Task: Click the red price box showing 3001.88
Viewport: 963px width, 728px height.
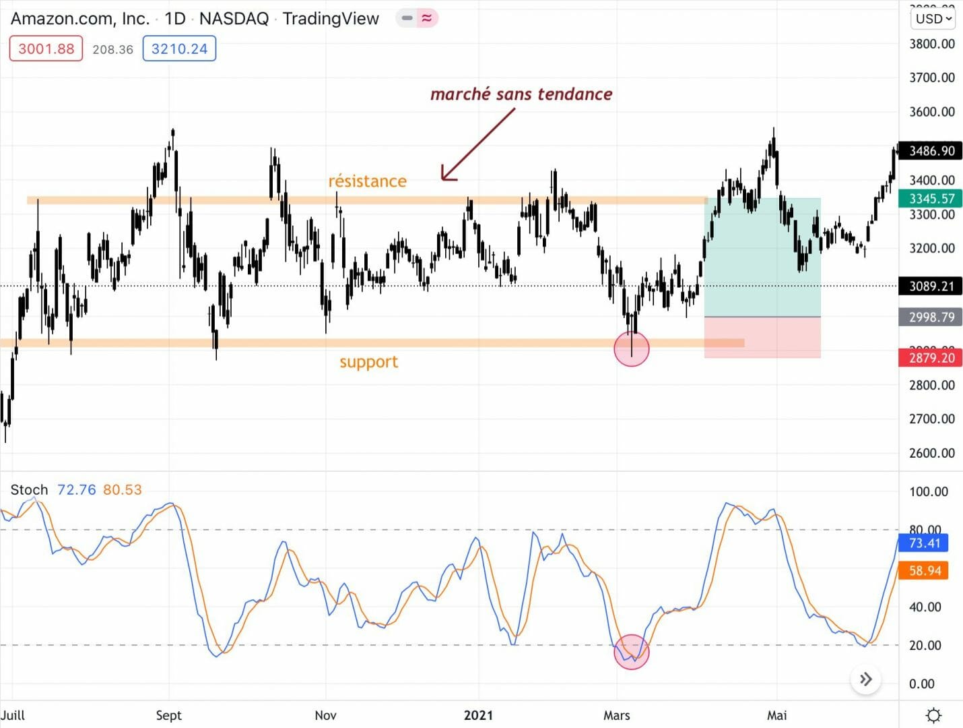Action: click(x=46, y=49)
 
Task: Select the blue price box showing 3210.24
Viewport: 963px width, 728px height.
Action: click(x=179, y=49)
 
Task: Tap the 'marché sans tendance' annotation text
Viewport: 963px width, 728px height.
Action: click(x=521, y=94)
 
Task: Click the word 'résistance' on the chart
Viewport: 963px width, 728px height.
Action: click(x=368, y=181)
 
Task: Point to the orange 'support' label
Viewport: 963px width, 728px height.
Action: click(x=368, y=362)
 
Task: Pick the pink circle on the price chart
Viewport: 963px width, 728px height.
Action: click(x=632, y=348)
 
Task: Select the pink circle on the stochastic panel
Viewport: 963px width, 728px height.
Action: click(x=632, y=652)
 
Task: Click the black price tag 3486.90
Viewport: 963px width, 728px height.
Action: click(x=931, y=151)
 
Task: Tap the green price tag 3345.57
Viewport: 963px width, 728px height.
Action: click(x=931, y=199)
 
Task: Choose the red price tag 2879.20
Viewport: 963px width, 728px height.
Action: click(x=931, y=358)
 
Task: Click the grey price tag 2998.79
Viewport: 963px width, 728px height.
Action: click(x=931, y=317)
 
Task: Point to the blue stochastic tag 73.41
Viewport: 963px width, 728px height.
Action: click(x=924, y=543)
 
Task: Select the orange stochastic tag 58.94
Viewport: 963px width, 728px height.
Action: click(x=924, y=571)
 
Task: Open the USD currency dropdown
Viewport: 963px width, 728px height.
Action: click(x=933, y=19)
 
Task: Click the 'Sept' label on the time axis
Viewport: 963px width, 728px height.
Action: click(x=168, y=715)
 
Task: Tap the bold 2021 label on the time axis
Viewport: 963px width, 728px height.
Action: click(x=478, y=715)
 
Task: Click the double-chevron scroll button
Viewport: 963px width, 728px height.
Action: click(x=866, y=679)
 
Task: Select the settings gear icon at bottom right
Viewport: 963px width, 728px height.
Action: click(x=933, y=715)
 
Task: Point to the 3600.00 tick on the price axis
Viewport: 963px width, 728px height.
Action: click(x=932, y=112)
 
